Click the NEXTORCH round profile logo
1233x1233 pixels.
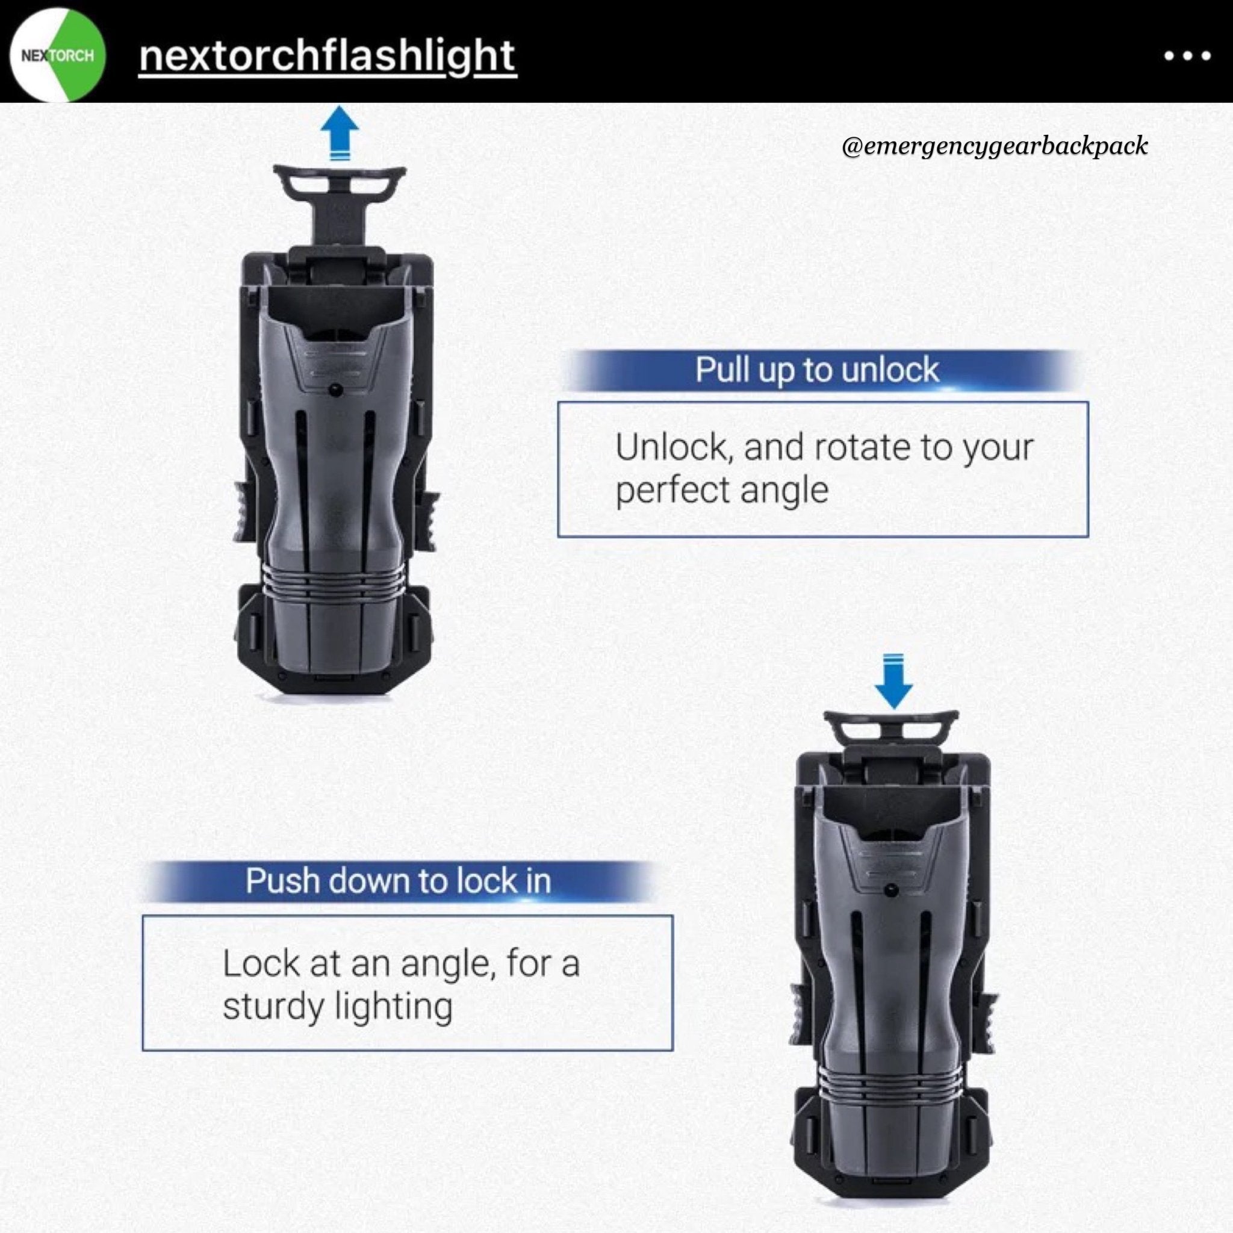(58, 55)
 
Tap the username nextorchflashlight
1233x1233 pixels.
(327, 55)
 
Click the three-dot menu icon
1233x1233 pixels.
(1187, 56)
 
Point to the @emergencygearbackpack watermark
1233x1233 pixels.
(995, 146)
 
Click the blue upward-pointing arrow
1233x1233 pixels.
(339, 132)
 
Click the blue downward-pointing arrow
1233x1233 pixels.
(893, 680)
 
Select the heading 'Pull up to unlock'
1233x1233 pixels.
(817, 370)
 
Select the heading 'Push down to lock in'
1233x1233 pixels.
(398, 881)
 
